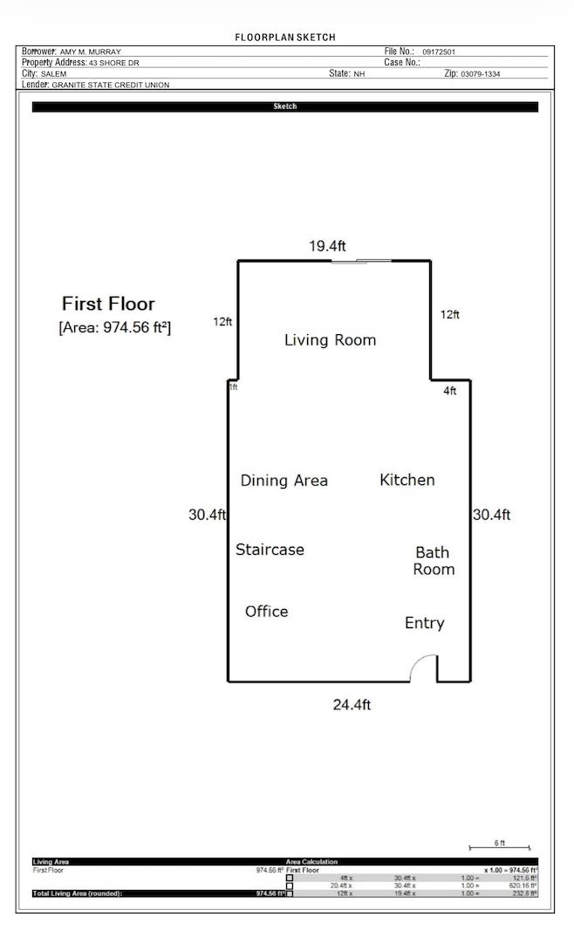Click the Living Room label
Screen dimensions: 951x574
pos(330,340)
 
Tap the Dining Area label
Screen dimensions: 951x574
pos(284,481)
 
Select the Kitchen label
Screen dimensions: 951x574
pos(407,480)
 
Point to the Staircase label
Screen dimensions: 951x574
pos(270,550)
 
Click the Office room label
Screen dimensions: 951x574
pos(266,612)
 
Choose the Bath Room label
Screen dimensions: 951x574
pos(434,561)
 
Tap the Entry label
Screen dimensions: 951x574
pos(424,623)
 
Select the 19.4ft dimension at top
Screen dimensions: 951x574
pos(327,247)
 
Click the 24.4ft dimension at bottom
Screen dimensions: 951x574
pos(352,705)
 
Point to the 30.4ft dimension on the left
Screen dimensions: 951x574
pos(207,515)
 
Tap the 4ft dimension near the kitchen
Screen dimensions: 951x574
pos(449,392)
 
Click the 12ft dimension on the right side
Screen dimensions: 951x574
pos(449,315)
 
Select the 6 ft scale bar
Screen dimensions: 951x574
pos(499,847)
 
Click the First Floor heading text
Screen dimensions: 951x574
pos(108,304)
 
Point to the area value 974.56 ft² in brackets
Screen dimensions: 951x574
pos(114,328)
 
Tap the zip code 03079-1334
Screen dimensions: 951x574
pos(481,74)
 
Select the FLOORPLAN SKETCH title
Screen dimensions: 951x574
pos(285,38)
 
